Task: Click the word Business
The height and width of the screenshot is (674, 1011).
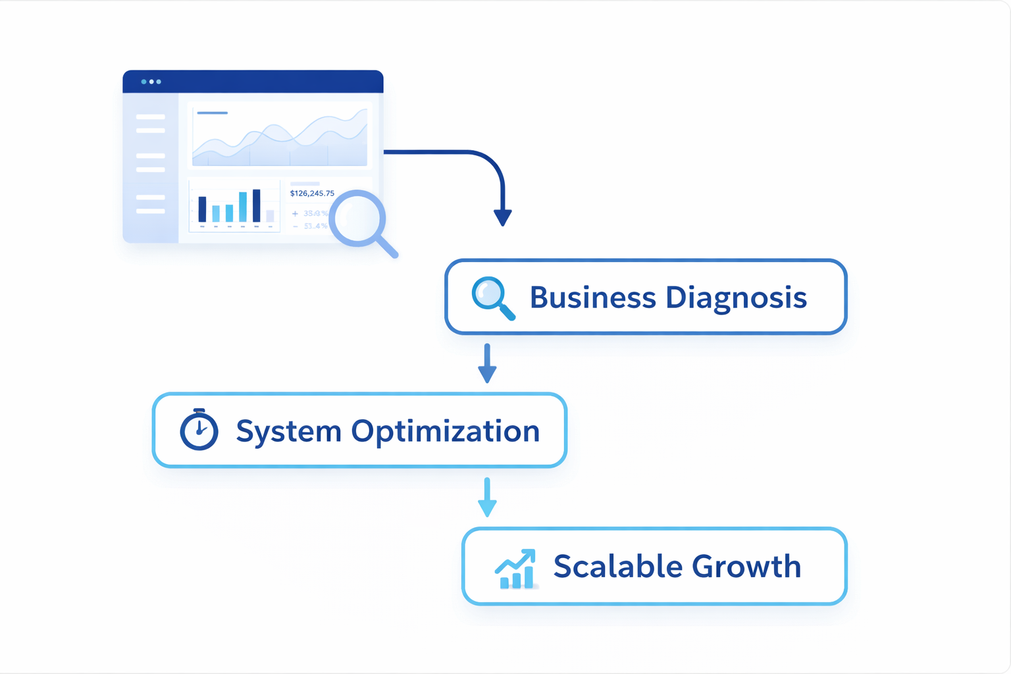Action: (592, 298)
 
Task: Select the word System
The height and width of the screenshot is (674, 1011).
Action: (288, 432)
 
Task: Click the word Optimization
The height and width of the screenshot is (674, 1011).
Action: (445, 432)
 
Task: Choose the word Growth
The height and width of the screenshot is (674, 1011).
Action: (746, 566)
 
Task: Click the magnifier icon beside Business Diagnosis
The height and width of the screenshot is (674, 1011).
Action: (492, 298)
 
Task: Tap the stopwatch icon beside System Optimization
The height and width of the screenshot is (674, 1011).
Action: (199, 430)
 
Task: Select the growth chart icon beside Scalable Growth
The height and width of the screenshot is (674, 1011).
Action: (515, 569)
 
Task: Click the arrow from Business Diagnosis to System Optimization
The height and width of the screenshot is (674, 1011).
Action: (487, 363)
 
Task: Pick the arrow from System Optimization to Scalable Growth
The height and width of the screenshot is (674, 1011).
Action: (487, 498)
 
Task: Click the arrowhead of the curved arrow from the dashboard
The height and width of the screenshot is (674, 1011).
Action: (503, 217)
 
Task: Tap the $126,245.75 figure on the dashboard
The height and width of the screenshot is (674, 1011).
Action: (312, 194)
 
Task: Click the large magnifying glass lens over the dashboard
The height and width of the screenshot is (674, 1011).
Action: (357, 218)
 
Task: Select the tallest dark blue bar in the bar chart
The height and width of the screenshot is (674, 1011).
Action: (257, 205)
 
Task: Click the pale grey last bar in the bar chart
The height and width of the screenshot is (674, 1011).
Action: (270, 216)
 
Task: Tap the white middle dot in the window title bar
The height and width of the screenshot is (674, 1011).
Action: (151, 82)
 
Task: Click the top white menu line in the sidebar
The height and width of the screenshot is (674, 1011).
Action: (151, 117)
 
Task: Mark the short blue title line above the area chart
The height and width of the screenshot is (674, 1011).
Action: (212, 113)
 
